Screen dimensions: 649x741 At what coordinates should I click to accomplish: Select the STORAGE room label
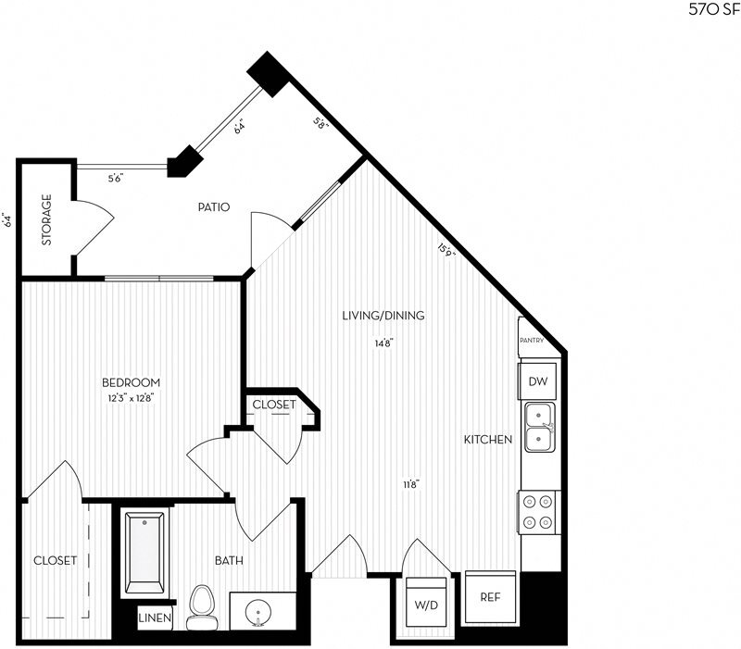coord(46,220)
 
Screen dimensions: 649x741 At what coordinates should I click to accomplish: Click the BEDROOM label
coord(131,382)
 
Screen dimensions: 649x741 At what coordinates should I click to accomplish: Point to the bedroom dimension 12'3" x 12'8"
coord(131,399)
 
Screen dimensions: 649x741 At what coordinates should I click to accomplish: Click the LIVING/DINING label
coord(383,316)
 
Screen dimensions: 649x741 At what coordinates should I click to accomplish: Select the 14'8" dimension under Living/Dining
coord(383,343)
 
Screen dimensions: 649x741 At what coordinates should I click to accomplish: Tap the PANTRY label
coord(538,341)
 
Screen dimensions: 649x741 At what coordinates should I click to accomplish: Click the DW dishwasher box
coord(537,381)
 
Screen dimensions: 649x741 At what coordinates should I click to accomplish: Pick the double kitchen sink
coord(539,427)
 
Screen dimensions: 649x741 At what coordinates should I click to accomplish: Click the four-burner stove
coord(538,511)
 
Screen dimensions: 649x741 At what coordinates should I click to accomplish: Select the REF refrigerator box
coord(490,597)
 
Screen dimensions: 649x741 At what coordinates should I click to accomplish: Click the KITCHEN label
coord(488,440)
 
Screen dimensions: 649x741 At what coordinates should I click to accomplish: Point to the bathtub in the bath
coord(144,552)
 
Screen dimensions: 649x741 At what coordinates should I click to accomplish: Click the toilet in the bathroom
coord(200,608)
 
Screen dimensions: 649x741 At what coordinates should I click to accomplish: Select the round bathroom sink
coord(258,612)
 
